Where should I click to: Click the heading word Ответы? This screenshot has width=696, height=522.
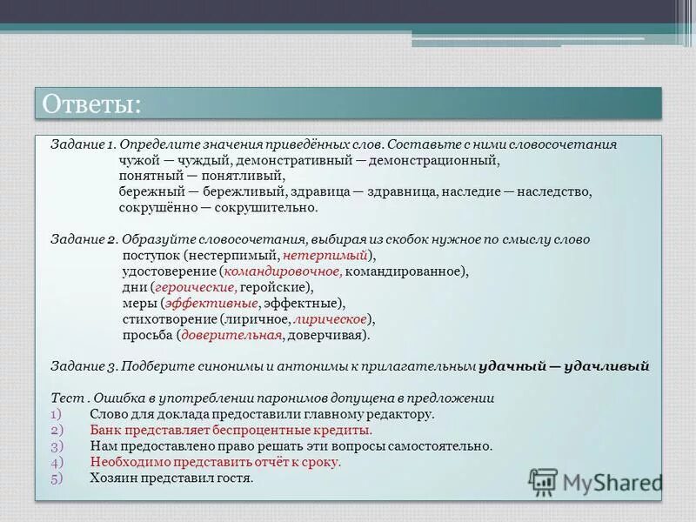91,104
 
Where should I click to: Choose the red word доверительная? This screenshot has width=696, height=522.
231,335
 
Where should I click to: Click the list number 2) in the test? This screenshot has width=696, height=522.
56,430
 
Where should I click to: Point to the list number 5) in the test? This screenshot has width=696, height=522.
56,478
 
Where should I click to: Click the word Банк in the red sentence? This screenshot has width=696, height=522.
104,430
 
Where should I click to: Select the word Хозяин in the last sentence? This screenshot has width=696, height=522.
113,478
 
